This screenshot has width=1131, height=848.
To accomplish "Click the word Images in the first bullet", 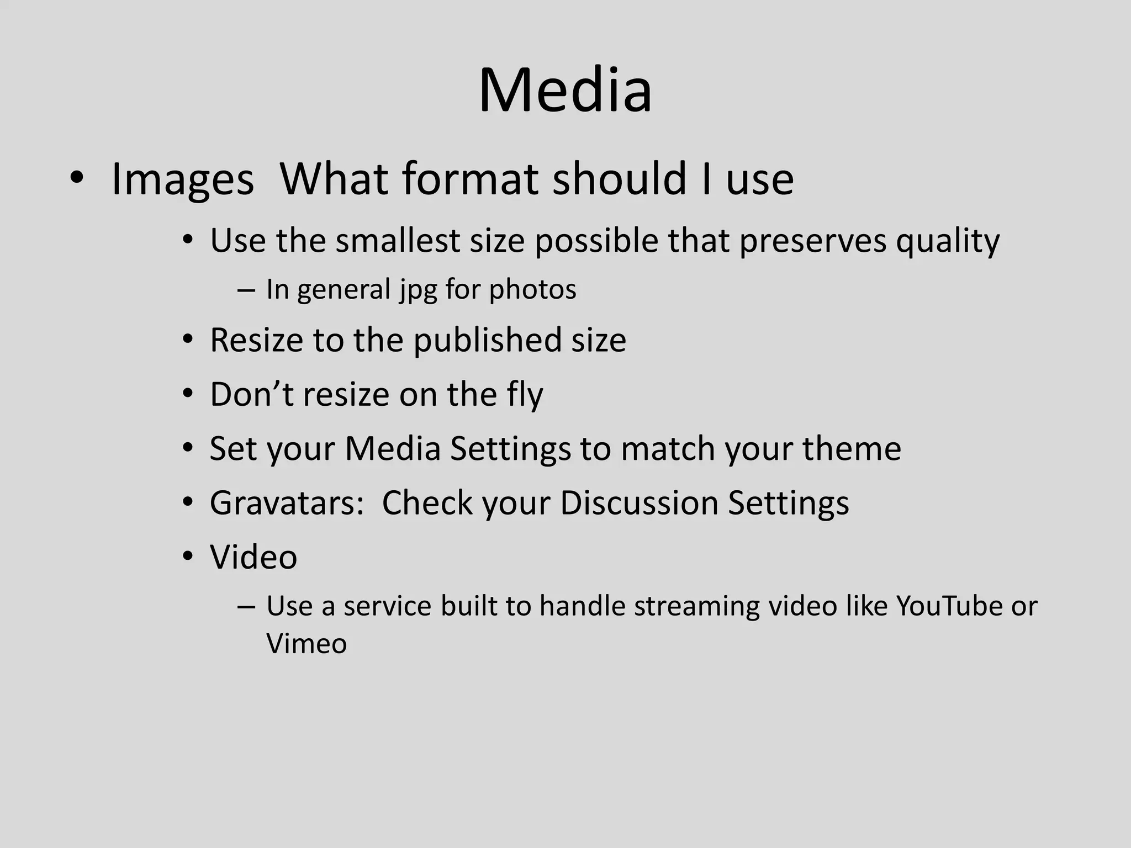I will click(182, 179).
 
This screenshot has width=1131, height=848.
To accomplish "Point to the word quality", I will click(948, 241).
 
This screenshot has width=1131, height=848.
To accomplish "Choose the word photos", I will click(532, 289).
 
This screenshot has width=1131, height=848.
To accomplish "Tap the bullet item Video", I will click(253, 557).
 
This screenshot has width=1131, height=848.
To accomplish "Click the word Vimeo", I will click(306, 644).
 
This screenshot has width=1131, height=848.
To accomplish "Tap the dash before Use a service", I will click(246, 607).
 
